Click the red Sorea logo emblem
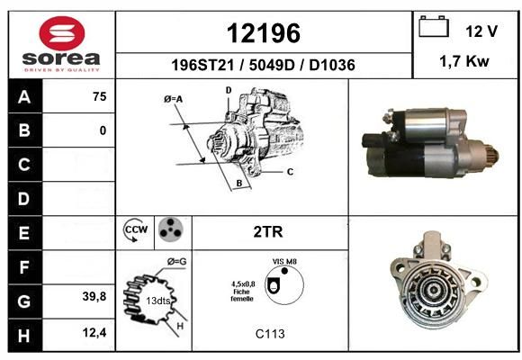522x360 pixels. point(62,33)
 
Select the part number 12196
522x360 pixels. point(264,33)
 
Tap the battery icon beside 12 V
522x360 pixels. point(434,26)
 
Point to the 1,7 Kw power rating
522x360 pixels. point(464,61)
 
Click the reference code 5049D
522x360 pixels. point(272,65)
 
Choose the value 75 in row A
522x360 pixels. point(100,96)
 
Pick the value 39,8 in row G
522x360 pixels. point(94,296)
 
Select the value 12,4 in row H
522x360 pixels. point(94,332)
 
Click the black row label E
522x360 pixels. point(25,233)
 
